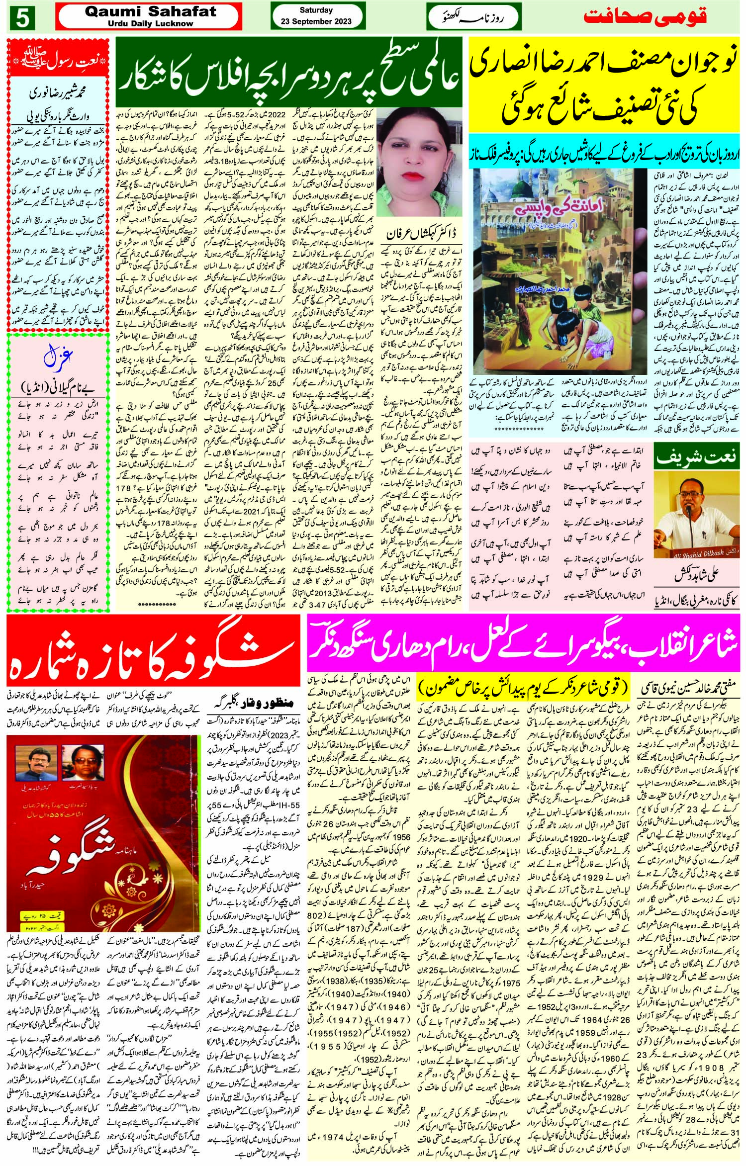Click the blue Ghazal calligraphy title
tap(59, 357)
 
